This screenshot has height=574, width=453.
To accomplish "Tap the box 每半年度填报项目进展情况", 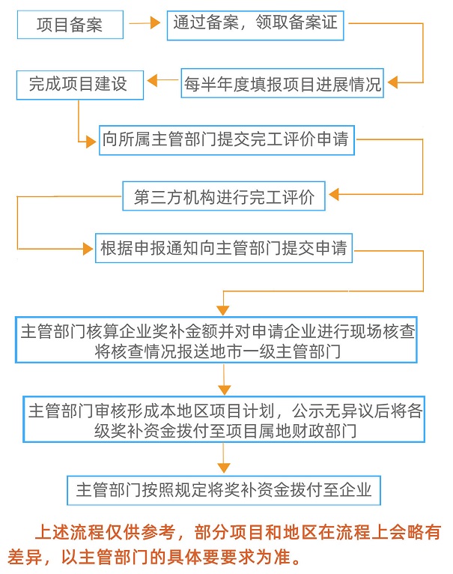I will click(x=282, y=83).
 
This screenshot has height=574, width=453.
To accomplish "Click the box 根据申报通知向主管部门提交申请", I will click(x=224, y=249).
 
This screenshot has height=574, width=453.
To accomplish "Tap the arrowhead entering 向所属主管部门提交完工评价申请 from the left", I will click(x=93, y=139).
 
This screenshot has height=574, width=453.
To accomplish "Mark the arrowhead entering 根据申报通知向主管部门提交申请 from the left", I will click(x=88, y=249).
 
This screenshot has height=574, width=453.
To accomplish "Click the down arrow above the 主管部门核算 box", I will click(x=222, y=306).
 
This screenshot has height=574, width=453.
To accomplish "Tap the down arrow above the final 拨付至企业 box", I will click(x=222, y=462).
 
